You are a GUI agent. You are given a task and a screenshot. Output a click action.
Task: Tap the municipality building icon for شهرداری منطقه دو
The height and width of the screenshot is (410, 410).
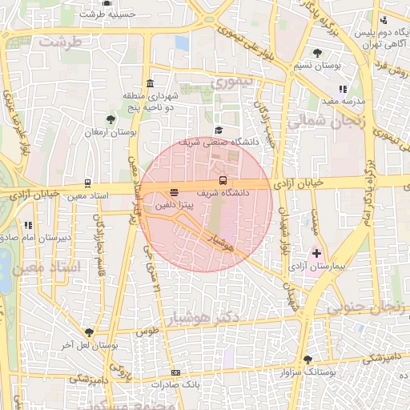tap(151, 85)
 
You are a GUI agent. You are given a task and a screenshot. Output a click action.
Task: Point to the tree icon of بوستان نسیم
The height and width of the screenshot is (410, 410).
tap(319, 53)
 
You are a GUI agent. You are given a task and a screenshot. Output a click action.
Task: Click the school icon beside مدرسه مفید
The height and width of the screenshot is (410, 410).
tap(343, 90)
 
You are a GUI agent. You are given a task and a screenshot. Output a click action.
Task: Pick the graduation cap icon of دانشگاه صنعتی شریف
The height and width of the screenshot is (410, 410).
tap(219, 131)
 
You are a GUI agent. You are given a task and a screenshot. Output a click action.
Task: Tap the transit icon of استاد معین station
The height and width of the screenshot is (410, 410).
tap(87, 183)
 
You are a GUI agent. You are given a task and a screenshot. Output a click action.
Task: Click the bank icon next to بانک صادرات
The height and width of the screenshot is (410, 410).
tap(175, 372)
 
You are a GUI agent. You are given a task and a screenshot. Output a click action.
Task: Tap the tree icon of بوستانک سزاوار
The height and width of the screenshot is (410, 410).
tap(308, 359)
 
